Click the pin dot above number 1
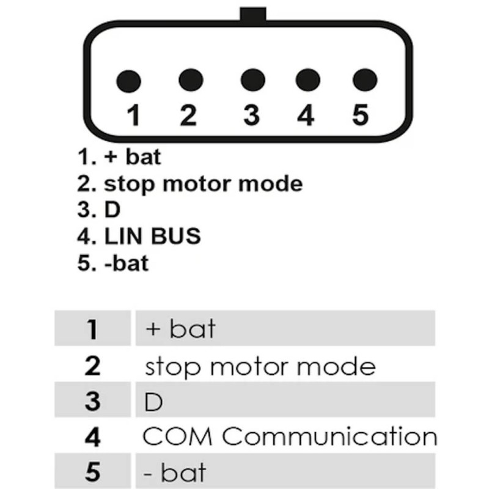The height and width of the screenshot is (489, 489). pyautogui.click(x=128, y=81)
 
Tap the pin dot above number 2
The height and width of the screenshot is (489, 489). pyautogui.click(x=191, y=80)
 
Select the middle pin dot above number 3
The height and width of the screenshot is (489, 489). pyautogui.click(x=253, y=80)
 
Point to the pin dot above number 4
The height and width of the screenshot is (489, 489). pyautogui.click(x=308, y=80)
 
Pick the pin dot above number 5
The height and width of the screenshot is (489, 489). pyautogui.click(x=365, y=80)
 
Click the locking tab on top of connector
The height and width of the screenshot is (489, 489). pyautogui.click(x=253, y=14)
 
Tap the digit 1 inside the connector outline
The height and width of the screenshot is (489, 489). pyautogui.click(x=133, y=115)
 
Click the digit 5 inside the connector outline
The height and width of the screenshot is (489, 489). pyautogui.click(x=360, y=115)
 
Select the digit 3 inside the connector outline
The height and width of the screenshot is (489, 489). pyautogui.click(x=251, y=115)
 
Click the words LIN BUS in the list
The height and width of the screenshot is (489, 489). pyautogui.click(x=152, y=236)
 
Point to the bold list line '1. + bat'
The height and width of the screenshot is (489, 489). pyautogui.click(x=119, y=156)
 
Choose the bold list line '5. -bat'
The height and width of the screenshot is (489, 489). pyautogui.click(x=112, y=263)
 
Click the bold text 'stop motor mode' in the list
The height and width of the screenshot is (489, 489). pyautogui.click(x=204, y=184)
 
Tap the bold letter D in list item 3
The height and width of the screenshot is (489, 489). pyautogui.click(x=112, y=210)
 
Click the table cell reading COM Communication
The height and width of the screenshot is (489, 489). pyautogui.click(x=290, y=436)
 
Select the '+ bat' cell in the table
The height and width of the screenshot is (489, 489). pyautogui.click(x=180, y=329)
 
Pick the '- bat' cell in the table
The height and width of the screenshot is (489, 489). pyautogui.click(x=175, y=472)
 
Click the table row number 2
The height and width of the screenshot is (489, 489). pyautogui.click(x=92, y=366)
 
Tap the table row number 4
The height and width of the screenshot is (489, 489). pyautogui.click(x=92, y=437)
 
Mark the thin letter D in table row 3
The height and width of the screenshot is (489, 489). pyautogui.click(x=153, y=402)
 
